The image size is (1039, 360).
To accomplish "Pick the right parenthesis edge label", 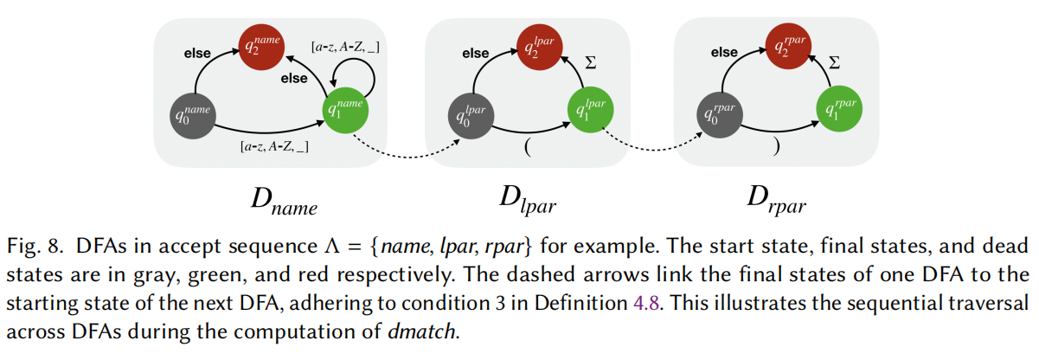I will coord(777,146).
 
